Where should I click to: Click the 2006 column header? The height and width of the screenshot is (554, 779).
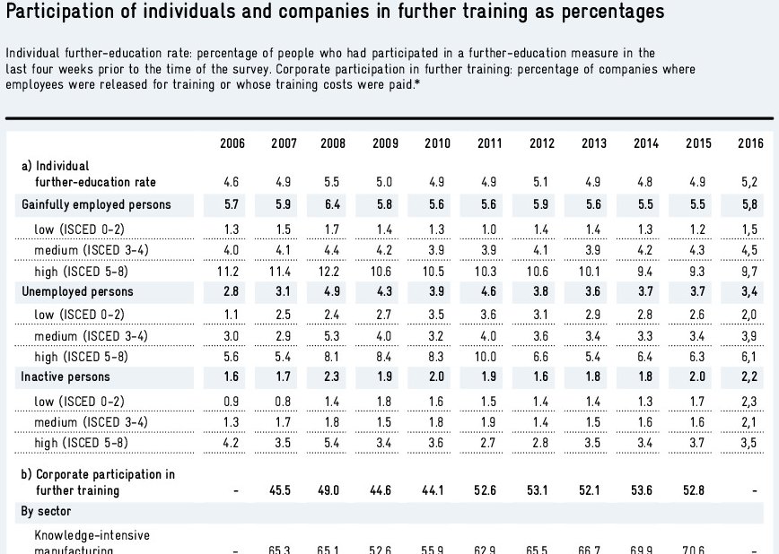(x=232, y=143)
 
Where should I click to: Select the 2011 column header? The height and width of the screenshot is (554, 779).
(x=489, y=143)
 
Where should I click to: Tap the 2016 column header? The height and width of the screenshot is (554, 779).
(x=750, y=143)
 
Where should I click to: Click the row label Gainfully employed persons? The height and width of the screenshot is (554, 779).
(x=96, y=204)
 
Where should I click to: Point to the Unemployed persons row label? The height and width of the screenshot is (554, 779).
(x=77, y=291)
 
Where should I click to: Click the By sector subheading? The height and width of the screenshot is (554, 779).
(x=47, y=511)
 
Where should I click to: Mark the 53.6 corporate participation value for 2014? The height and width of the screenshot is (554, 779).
(x=646, y=490)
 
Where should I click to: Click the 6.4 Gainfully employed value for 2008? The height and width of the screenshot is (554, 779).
(x=333, y=204)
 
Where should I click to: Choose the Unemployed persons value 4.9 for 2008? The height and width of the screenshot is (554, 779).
(x=333, y=291)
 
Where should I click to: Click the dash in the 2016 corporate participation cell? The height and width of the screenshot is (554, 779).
(x=752, y=490)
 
